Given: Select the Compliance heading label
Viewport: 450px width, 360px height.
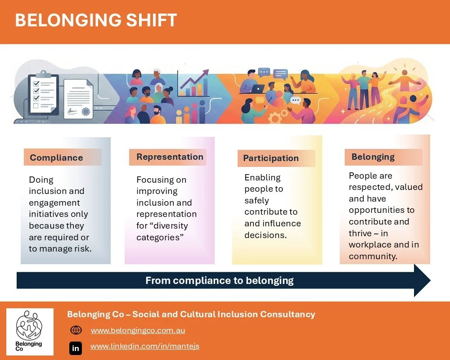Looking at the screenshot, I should tap(56, 157).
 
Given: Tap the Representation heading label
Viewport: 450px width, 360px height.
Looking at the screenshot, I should tap(170, 157).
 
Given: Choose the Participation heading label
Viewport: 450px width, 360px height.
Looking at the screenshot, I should tap(271, 158).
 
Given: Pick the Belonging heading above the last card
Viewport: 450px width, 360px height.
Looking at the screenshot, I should tap(373, 157).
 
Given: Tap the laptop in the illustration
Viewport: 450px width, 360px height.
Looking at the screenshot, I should tap(257, 88).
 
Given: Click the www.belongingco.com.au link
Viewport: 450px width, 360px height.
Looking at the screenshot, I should tap(138, 330).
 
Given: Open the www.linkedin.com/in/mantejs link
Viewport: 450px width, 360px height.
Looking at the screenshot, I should tap(144, 346).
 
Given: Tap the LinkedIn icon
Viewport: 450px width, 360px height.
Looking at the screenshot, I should tap(76, 348).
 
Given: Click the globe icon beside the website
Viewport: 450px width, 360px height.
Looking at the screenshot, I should tap(76, 330).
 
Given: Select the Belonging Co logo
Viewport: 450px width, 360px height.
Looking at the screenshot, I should tap(30, 331).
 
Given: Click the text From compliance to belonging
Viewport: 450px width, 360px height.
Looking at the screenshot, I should tap(219, 281).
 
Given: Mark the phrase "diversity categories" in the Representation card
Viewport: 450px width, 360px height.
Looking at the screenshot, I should tap(162, 231).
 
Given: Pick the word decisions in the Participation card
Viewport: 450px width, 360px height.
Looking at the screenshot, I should tap(265, 234).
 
